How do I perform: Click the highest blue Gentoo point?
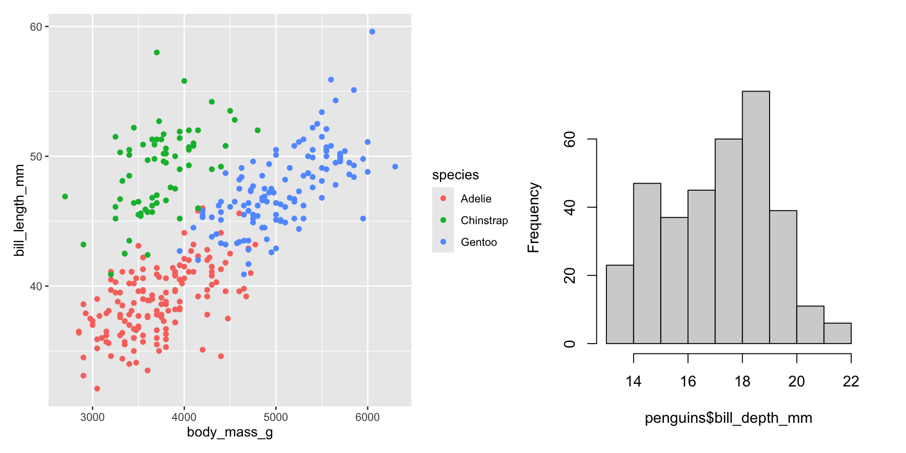point(372,32)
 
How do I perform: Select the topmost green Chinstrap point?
point(157,52)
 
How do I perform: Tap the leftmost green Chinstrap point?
point(65,196)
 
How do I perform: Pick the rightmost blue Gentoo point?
point(395,167)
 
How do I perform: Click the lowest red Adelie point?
point(97,389)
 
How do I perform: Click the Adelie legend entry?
point(476,199)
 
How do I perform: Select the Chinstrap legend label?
point(484,220)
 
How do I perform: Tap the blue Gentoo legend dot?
point(443,242)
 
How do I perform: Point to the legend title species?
point(455,175)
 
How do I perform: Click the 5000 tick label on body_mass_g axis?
point(276,417)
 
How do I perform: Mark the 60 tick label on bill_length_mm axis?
point(36,27)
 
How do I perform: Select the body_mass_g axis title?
point(230,432)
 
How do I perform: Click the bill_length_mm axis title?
point(19,210)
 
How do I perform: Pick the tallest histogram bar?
point(755,217)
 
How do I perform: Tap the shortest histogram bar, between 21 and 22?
point(838,333)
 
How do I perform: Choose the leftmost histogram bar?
point(620,304)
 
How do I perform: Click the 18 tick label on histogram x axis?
point(742,381)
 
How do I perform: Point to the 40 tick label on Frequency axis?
point(570,207)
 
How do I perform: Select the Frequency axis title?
point(533,218)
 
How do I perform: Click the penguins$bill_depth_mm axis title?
point(728,418)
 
